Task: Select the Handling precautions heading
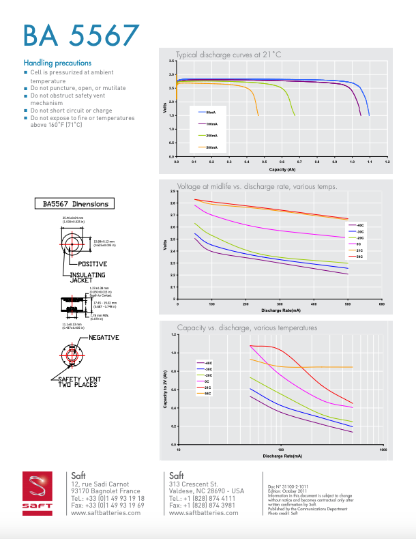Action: click(x=57, y=63)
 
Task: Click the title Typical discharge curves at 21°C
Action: click(x=228, y=55)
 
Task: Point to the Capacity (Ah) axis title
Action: click(x=282, y=169)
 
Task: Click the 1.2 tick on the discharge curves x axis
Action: click(x=387, y=162)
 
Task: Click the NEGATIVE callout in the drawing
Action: click(x=104, y=337)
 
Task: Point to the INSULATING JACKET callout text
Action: click(x=87, y=277)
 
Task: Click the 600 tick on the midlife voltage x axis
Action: click(x=381, y=304)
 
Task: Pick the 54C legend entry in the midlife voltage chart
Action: click(x=361, y=257)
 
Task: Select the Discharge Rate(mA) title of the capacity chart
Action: click(x=282, y=455)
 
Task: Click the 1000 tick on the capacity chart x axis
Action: click(x=383, y=450)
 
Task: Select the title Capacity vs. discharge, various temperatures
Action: click(x=247, y=327)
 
